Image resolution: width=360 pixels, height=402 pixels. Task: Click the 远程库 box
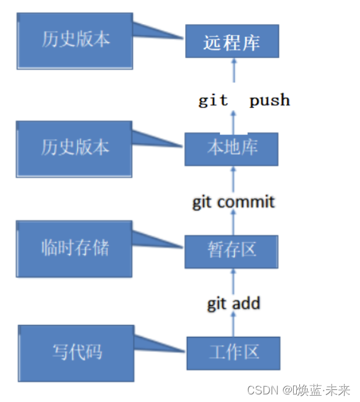coord(232,41)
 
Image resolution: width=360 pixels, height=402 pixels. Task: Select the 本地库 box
coord(231,149)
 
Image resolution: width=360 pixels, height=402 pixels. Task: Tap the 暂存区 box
coord(231,252)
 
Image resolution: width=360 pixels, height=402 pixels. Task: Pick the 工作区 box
coord(234,353)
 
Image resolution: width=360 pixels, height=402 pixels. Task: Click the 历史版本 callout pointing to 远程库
coord(75,41)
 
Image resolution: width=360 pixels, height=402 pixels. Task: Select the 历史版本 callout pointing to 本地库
coord(75,149)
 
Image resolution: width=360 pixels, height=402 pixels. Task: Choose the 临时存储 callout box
coord(75,249)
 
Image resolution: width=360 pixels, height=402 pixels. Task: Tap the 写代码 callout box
coord(76,353)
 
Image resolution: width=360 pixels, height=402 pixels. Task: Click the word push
coord(270,100)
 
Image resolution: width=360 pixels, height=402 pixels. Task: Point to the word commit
coord(246,202)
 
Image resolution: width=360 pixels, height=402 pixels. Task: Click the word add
coord(246,303)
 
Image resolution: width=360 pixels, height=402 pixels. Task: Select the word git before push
coord(213,100)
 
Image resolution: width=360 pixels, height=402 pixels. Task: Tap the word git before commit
coord(202,202)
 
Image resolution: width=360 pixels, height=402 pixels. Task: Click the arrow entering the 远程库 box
coord(234,71)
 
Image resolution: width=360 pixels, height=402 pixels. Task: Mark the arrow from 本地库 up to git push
coord(233,123)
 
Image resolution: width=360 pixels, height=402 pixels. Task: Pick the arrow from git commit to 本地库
coord(233,180)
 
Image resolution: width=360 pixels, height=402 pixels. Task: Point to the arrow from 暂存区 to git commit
coord(233,222)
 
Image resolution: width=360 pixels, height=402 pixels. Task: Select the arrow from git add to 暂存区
coord(233,281)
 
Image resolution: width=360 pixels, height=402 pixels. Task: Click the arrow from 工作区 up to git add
coord(233,324)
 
